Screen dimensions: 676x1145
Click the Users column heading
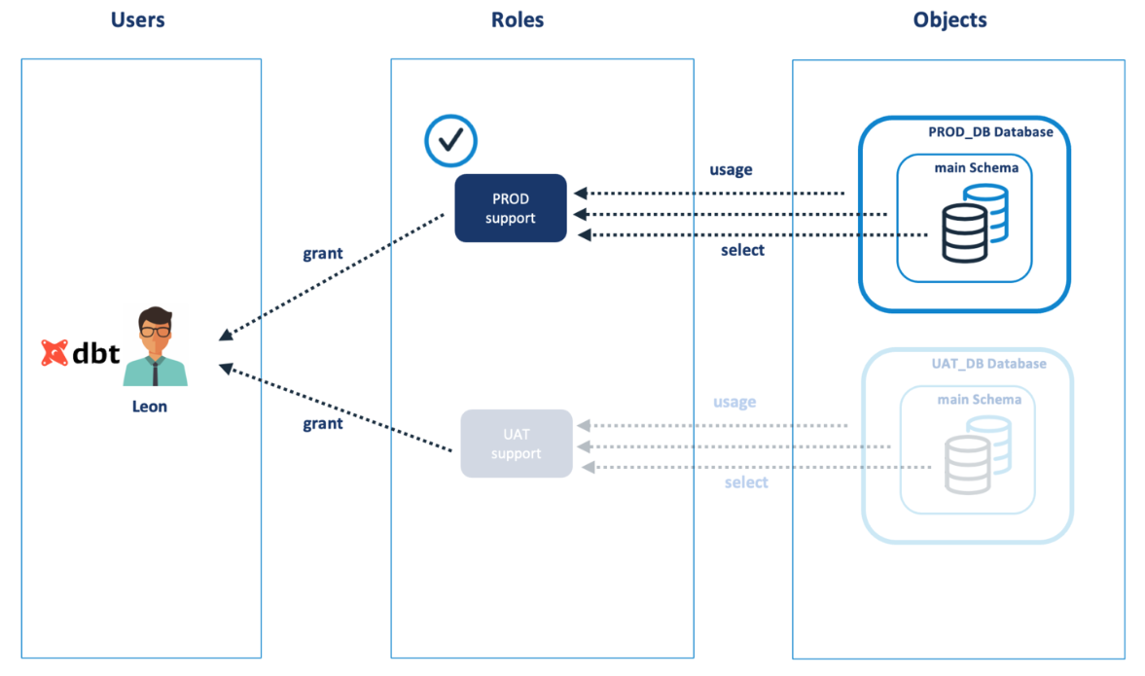click(138, 19)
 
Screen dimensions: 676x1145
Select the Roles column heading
click(518, 19)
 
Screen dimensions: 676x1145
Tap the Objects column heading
click(950, 19)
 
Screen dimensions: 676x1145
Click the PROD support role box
click(511, 208)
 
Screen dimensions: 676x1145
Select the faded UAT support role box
click(516, 444)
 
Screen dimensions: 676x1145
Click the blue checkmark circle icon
click(450, 140)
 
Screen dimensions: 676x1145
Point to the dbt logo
click(81, 353)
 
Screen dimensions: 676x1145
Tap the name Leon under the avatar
click(150, 407)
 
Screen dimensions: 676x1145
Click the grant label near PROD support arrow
click(323, 254)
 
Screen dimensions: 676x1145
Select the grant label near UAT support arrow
click(323, 424)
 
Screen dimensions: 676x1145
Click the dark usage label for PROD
click(731, 170)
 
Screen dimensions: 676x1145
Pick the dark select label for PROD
click(742, 251)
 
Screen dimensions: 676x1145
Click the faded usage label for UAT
click(734, 402)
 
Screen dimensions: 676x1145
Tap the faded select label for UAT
click(746, 482)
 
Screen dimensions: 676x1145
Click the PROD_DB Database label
click(990, 132)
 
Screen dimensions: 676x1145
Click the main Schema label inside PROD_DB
click(976, 167)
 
